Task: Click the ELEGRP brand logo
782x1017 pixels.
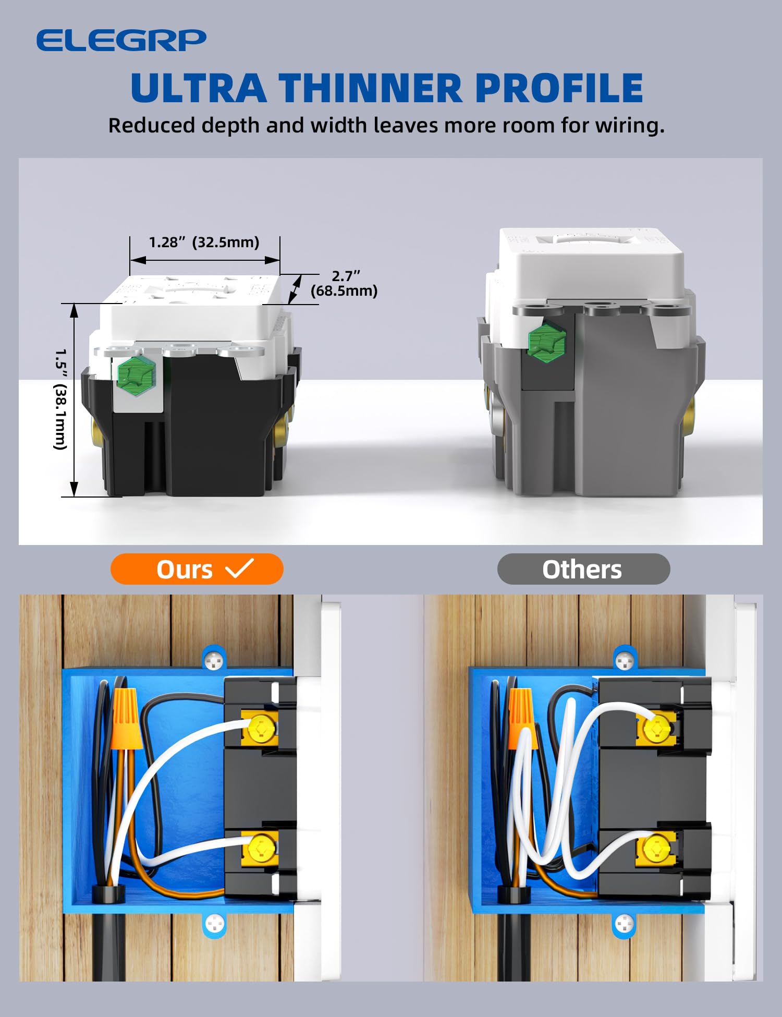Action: (x=121, y=41)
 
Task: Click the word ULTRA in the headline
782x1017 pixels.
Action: (x=199, y=88)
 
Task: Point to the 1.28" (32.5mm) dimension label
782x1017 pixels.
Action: (x=204, y=243)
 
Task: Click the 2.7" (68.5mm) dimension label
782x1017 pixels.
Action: (x=344, y=283)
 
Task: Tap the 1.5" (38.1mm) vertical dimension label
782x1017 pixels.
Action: (x=61, y=399)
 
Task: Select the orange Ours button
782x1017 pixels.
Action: (x=197, y=569)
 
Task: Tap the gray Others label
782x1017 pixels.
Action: (x=583, y=569)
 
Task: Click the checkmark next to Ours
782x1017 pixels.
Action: (x=239, y=568)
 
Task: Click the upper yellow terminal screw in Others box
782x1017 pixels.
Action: (x=656, y=729)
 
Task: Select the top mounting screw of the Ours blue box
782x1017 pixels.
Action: (x=214, y=661)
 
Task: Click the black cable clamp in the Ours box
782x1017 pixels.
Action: (x=108, y=893)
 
